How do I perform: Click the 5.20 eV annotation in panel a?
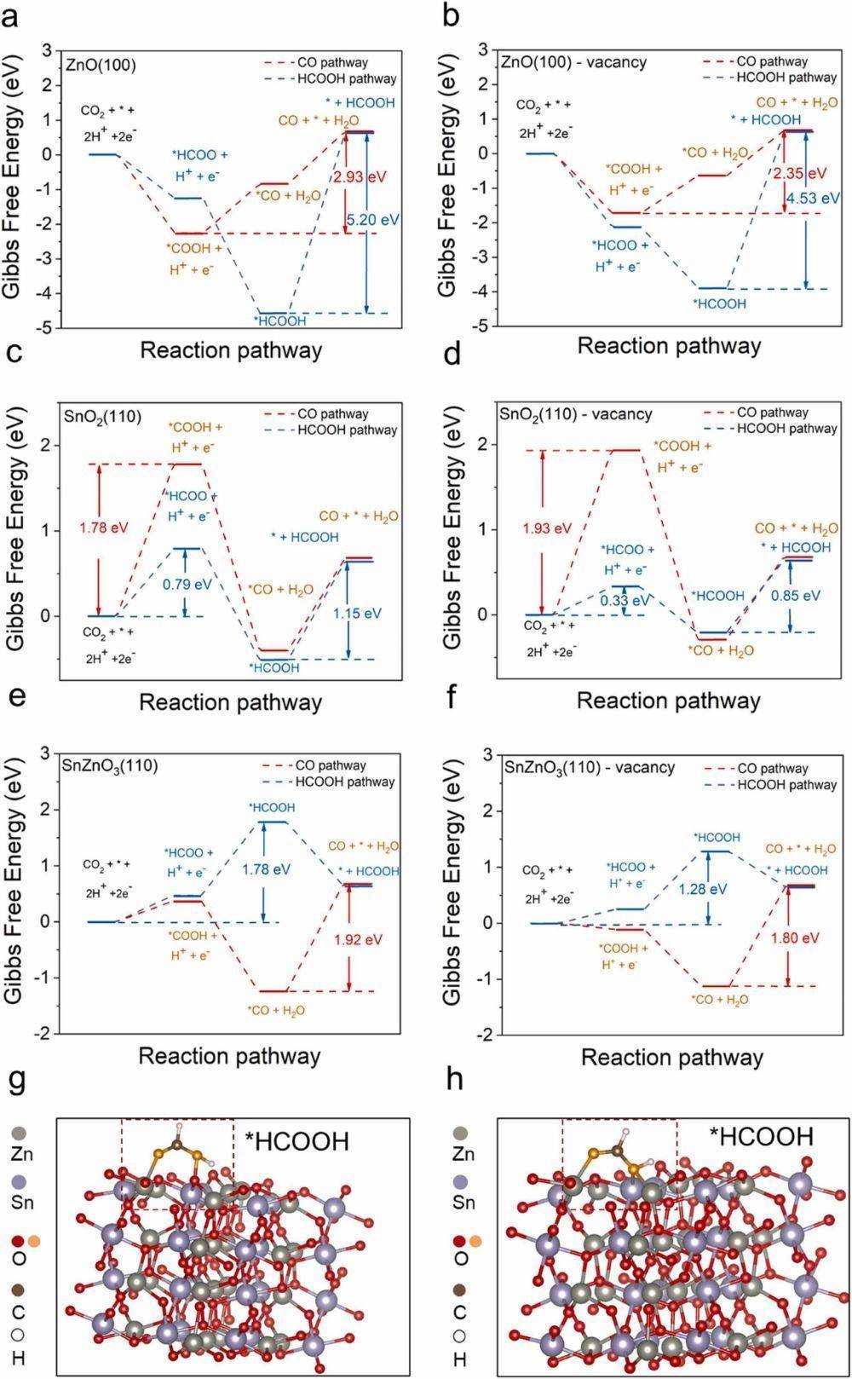[372, 219]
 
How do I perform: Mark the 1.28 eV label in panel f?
[703, 889]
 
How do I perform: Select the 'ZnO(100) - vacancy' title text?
[573, 62]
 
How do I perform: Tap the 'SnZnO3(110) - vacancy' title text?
[587, 767]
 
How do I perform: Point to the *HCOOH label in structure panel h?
[761, 1136]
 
